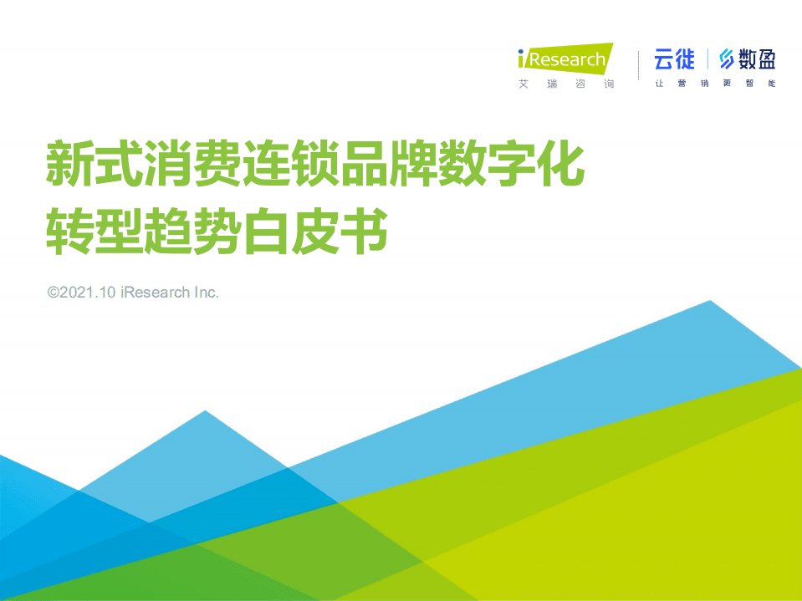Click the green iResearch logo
tap(565, 59)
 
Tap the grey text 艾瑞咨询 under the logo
tap(566, 84)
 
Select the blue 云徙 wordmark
tap(674, 59)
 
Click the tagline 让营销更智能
tap(715, 84)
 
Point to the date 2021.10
tap(88, 293)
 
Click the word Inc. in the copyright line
tap(206, 293)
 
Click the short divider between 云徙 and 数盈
tap(707, 59)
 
